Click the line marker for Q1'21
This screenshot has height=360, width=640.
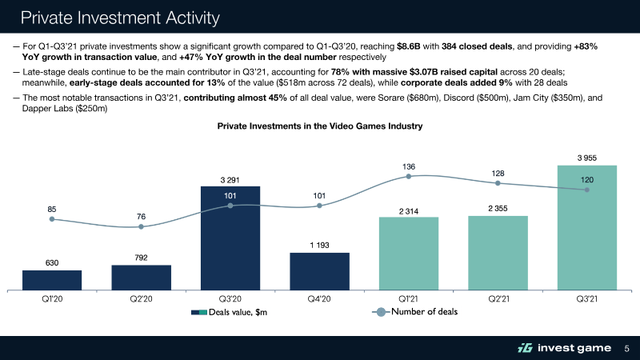click(x=409, y=176)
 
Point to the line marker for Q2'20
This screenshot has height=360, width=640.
click(x=141, y=226)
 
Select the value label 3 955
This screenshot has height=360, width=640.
click(x=586, y=157)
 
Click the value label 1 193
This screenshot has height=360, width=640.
click(x=319, y=245)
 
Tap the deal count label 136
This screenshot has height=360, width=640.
click(x=409, y=166)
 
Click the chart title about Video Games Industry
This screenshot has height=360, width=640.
click(x=319, y=126)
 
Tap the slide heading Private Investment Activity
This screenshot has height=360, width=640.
click(x=121, y=17)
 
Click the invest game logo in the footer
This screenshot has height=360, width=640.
click(x=563, y=347)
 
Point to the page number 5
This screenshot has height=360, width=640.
click(x=626, y=348)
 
